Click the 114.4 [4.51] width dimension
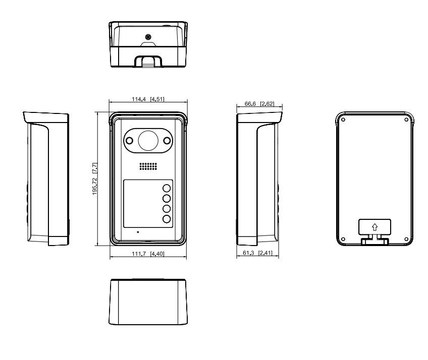pos(148,99)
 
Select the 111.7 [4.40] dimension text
pos(148,254)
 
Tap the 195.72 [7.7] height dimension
pos(95,178)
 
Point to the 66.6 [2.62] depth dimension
pos(259,104)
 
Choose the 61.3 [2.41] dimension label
pos(258,253)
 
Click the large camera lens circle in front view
pos(148,141)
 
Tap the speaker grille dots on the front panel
pos(148,166)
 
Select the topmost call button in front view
pos(167,188)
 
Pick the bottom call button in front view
pos(167,219)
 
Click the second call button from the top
pos(167,198)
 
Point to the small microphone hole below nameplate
pos(138,232)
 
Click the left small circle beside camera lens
pos(129,141)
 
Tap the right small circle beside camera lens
pos(167,141)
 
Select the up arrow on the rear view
pos(375,227)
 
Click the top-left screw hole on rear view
pos(343,119)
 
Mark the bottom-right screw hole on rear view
pos(406,239)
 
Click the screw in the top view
pos(148,37)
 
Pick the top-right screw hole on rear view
pos(406,119)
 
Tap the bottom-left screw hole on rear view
pos(343,239)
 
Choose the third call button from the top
pos(167,209)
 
